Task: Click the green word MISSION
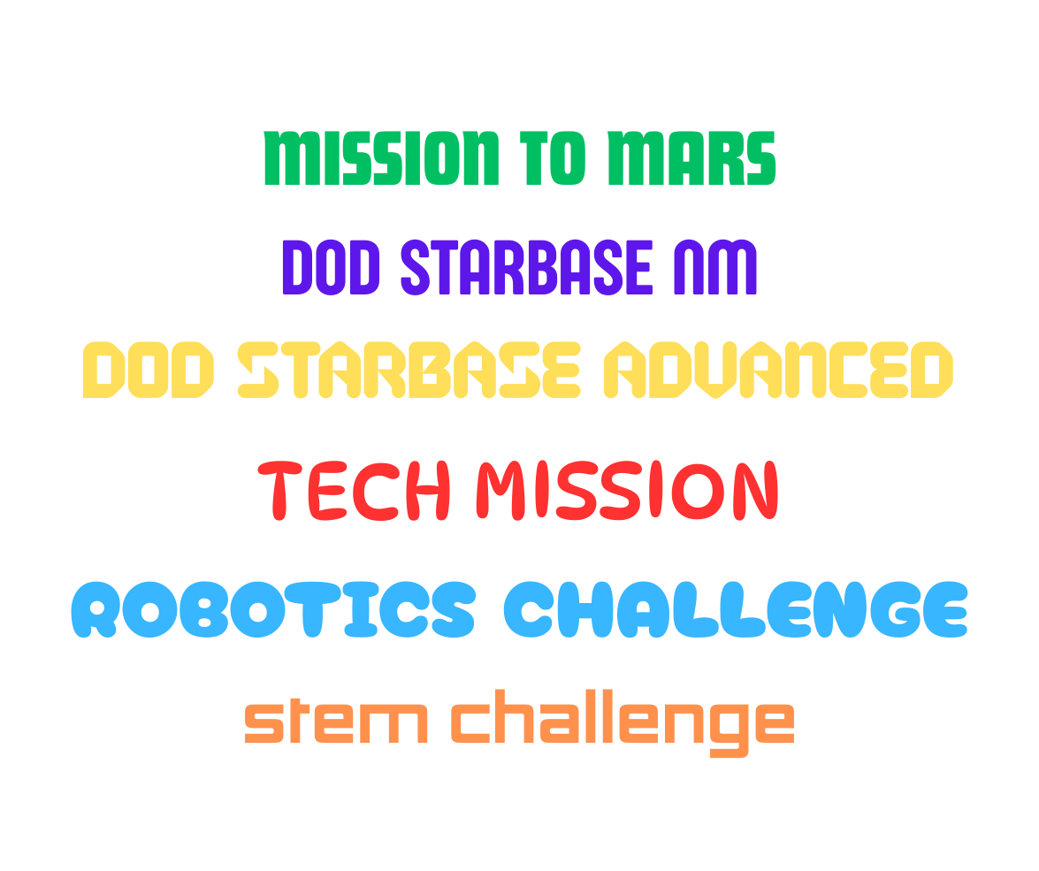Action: click(381, 158)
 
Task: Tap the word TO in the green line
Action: click(554, 158)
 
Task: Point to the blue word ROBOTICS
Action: click(273, 609)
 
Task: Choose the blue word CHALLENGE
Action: click(736, 609)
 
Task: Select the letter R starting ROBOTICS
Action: click(95, 609)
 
